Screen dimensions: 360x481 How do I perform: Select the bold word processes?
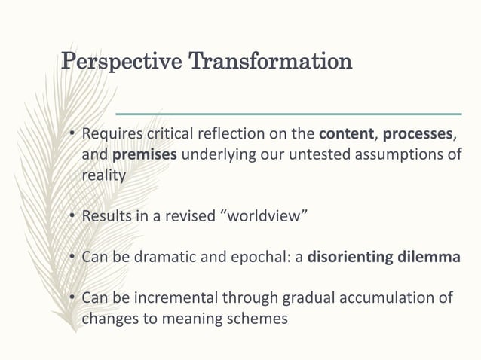(x=419, y=136)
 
